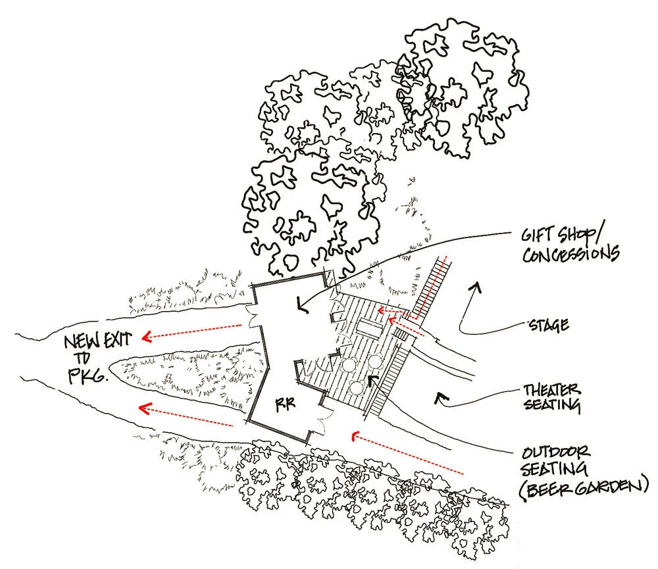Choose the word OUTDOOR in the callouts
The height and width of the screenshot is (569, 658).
[x=551, y=453]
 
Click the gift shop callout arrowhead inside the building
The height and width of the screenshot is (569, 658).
[x=301, y=304]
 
